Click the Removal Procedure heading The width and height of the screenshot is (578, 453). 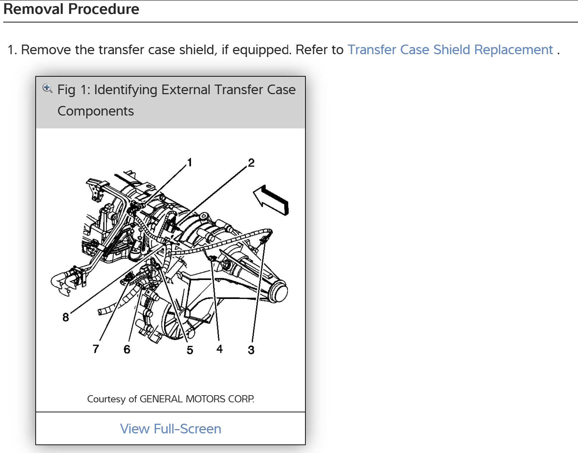(x=71, y=9)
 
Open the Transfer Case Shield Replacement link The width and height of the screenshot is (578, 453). (x=450, y=50)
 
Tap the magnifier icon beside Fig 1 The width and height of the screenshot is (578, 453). (x=47, y=88)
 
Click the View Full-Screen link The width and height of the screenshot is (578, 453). (x=171, y=429)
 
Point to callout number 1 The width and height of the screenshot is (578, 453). (x=190, y=163)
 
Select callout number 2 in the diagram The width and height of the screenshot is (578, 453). (x=251, y=163)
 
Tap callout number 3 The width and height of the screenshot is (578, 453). (x=251, y=350)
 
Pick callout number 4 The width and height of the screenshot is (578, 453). (x=219, y=349)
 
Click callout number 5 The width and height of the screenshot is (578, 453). (x=190, y=350)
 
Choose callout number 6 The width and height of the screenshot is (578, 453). (x=127, y=349)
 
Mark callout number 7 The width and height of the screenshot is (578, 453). (x=96, y=349)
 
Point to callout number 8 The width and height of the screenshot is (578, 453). (x=66, y=317)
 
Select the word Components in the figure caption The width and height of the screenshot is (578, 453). (x=96, y=111)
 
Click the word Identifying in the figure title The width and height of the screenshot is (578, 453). (x=126, y=90)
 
